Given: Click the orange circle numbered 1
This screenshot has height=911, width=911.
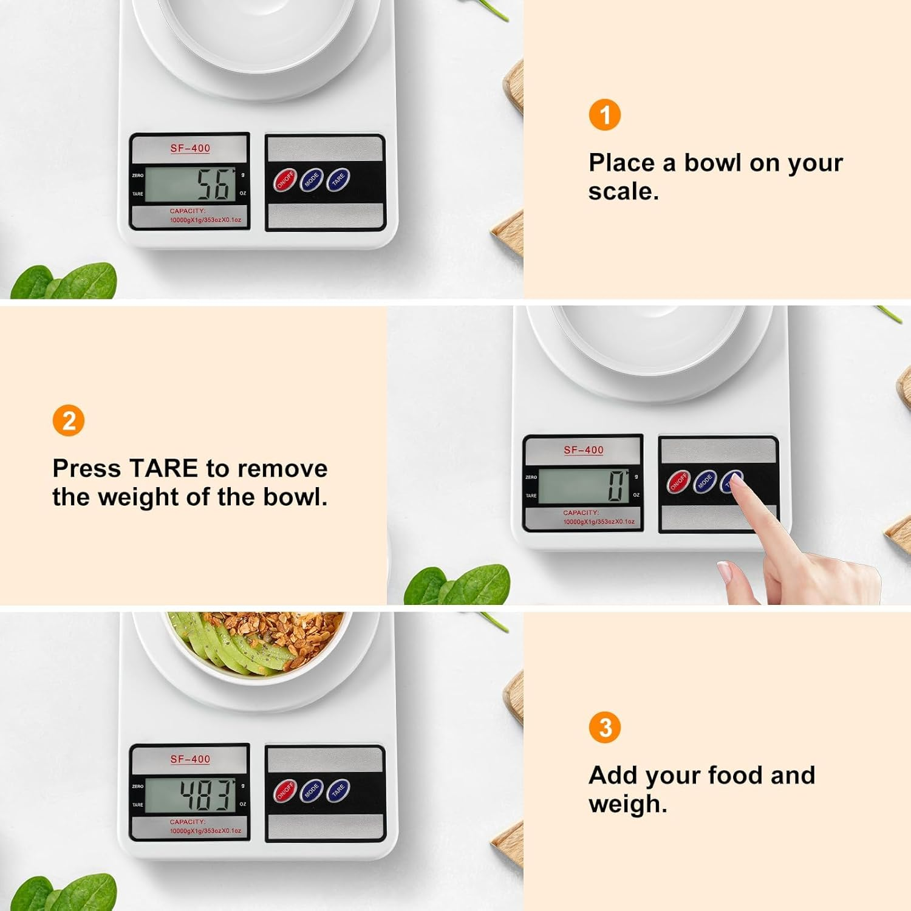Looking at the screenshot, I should [x=604, y=115].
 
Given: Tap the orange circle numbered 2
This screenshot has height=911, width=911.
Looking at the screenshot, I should [x=68, y=421].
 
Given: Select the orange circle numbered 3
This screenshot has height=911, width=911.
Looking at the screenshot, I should [x=604, y=727].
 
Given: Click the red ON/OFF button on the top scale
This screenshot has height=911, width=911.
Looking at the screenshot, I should [x=285, y=180].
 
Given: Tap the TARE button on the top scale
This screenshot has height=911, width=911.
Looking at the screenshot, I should [x=338, y=179].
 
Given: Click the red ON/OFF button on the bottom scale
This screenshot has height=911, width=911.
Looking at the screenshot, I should [x=285, y=791].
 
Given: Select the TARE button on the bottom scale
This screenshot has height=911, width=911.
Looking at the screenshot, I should [x=338, y=790].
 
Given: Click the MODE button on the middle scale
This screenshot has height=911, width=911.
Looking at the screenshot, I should [x=705, y=482].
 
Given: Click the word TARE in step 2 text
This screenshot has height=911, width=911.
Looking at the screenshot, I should [x=163, y=469].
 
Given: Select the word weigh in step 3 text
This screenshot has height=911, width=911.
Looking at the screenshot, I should [x=627, y=804].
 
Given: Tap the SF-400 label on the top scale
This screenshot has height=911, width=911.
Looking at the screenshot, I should [x=190, y=148].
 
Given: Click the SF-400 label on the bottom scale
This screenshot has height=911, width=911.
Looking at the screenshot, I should [x=190, y=759].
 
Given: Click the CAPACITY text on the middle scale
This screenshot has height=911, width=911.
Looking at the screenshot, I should [x=581, y=513].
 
